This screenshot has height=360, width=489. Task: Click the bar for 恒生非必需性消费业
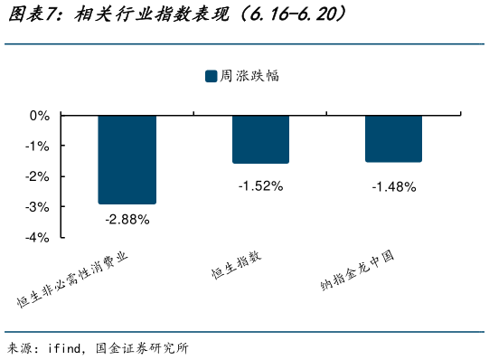pyautogui.click(x=127, y=159)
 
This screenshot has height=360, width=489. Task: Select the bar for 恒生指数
pyautogui.click(x=260, y=139)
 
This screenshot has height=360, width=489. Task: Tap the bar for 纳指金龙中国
pyautogui.click(x=393, y=138)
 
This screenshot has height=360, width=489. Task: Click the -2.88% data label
pyautogui.click(x=127, y=219)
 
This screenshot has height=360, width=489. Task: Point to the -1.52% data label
pyautogui.click(x=260, y=186)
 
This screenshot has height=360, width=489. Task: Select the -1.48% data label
pyautogui.click(x=393, y=187)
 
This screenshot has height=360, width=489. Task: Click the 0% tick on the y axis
pyautogui.click(x=40, y=116)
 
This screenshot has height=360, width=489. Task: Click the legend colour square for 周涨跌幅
pyautogui.click(x=211, y=77)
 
